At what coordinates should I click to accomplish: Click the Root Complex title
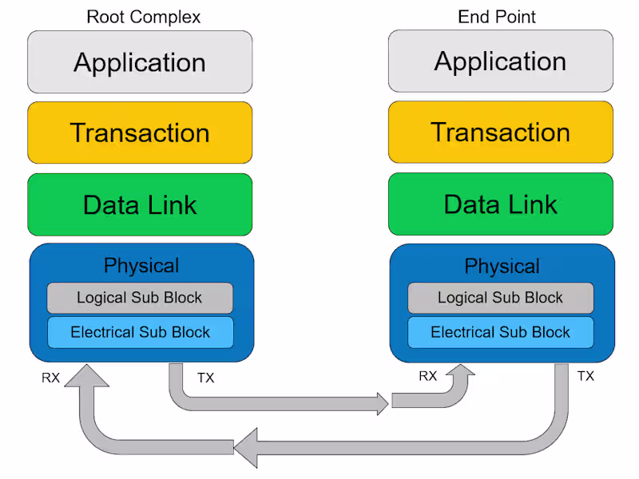click(x=143, y=17)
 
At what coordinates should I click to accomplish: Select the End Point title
click(x=496, y=17)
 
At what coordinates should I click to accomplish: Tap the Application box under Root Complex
click(x=140, y=62)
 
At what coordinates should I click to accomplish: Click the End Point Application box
click(x=501, y=61)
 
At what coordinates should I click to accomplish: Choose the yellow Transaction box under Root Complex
click(x=140, y=133)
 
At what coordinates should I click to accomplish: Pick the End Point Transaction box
click(x=501, y=132)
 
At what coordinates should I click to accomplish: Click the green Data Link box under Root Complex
click(x=140, y=204)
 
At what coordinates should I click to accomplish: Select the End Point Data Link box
click(x=501, y=204)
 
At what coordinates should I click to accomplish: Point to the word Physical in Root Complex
click(x=141, y=266)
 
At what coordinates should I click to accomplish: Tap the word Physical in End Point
click(x=502, y=266)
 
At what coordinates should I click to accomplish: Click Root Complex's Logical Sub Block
click(x=140, y=298)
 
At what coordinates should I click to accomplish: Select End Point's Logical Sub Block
click(x=501, y=298)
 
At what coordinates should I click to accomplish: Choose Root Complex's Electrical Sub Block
click(x=140, y=332)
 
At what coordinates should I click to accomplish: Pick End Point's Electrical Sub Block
click(x=501, y=332)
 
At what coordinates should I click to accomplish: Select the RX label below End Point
click(x=428, y=376)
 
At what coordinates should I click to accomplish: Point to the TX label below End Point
click(x=585, y=376)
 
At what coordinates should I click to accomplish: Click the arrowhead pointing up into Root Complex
click(x=85, y=374)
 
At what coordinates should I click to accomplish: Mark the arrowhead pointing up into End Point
click(x=461, y=373)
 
